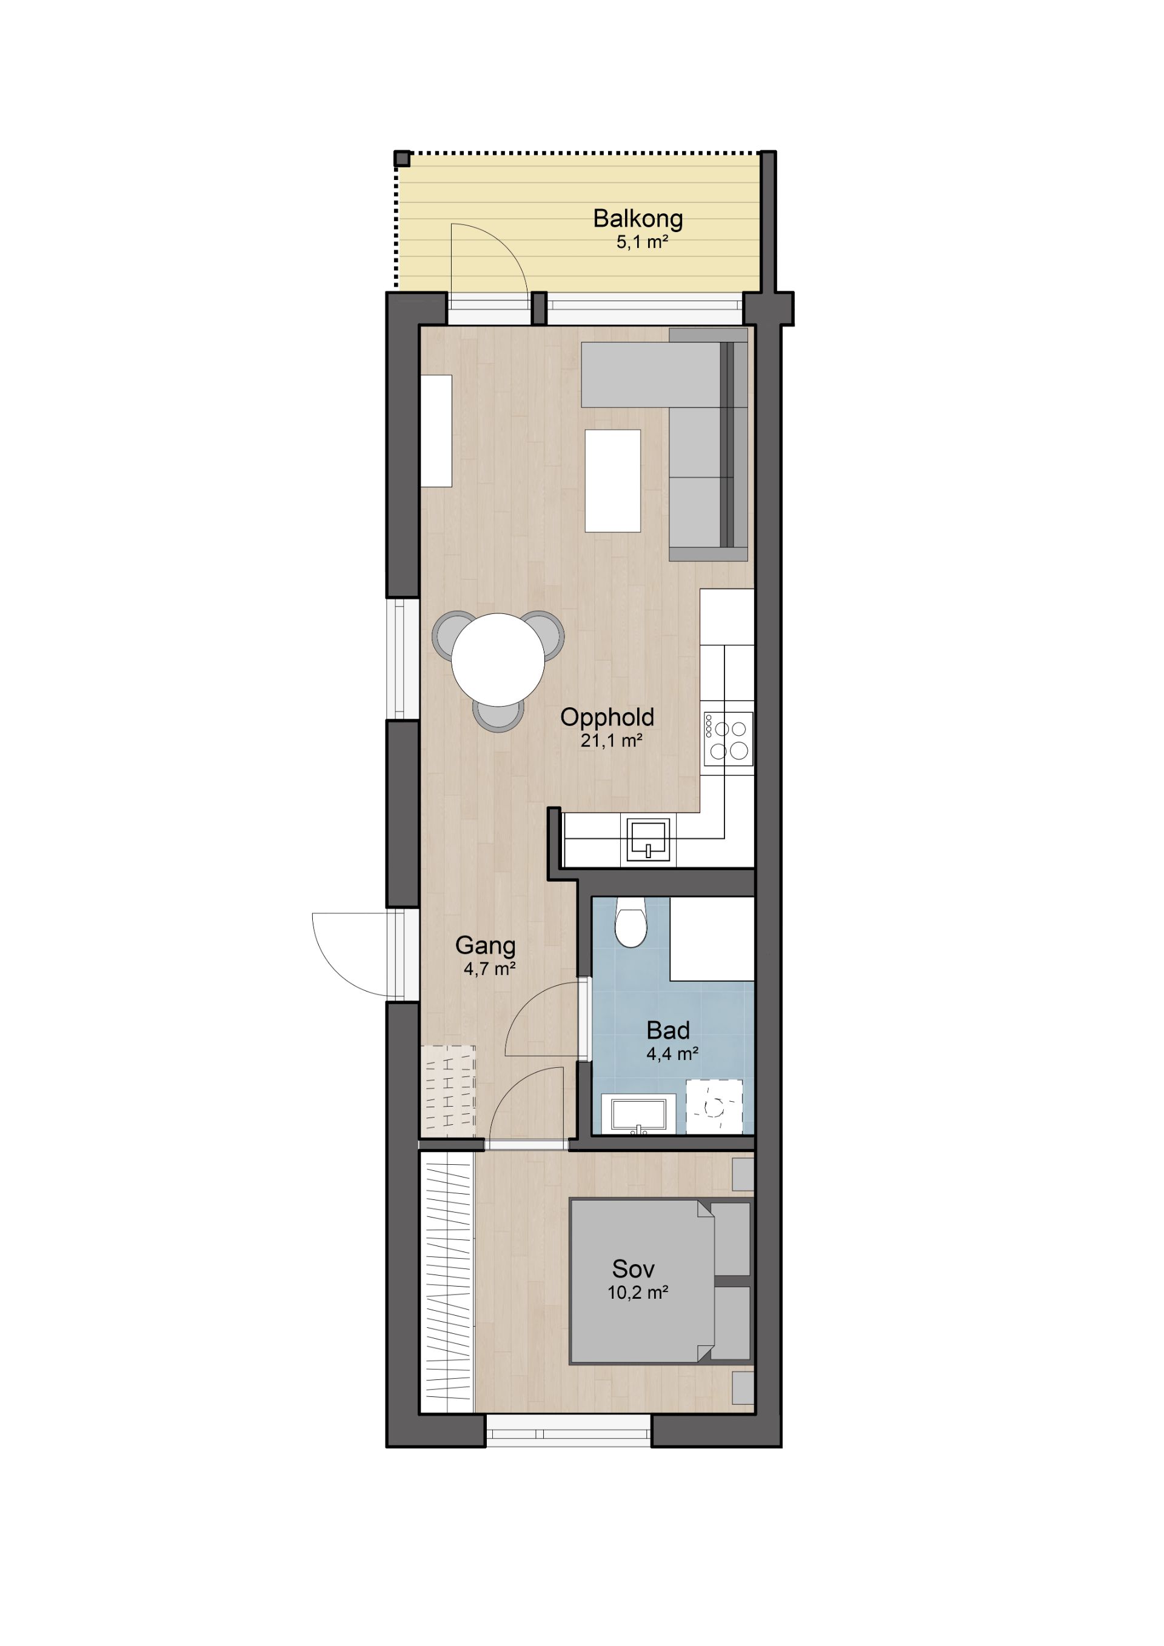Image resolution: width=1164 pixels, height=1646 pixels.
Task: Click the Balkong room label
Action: tap(638, 219)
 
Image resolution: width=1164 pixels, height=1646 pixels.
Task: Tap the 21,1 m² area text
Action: tap(611, 741)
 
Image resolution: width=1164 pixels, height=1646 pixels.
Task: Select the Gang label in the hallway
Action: tap(486, 946)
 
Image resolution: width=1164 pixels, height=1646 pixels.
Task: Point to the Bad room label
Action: tap(667, 1030)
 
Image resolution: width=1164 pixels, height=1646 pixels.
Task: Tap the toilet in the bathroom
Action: tap(630, 922)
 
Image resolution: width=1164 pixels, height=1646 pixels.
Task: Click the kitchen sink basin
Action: tap(648, 839)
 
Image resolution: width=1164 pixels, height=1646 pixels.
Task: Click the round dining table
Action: tap(498, 659)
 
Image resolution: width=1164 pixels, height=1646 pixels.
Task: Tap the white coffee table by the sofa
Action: tap(612, 481)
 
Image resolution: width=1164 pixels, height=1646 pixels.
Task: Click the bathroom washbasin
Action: tap(638, 1114)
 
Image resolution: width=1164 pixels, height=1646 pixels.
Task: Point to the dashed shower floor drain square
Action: tap(714, 1107)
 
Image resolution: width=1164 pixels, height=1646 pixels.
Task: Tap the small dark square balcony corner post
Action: tap(403, 158)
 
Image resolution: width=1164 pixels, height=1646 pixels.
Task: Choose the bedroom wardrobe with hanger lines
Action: tap(447, 1282)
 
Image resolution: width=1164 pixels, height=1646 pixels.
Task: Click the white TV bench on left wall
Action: tap(436, 431)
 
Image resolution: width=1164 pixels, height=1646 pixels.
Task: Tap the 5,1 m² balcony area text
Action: tap(642, 242)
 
